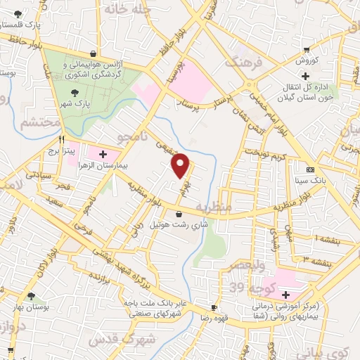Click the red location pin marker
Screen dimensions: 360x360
(181, 165)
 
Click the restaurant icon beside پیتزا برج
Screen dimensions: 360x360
(62, 139)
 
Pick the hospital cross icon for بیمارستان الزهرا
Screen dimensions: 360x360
(103, 153)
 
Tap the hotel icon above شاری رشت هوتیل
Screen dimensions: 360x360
(180, 214)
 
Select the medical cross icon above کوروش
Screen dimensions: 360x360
(305, 75)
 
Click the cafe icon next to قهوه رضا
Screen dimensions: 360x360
(214, 307)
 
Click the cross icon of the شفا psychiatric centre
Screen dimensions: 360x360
(285, 295)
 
